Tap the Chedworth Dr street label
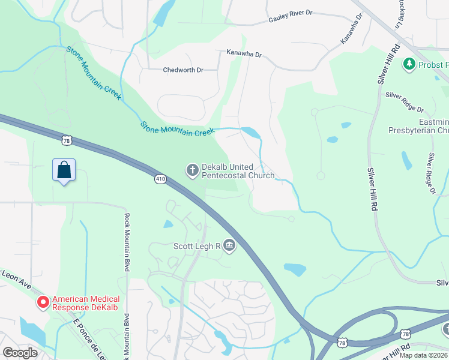(183, 70)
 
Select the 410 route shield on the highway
(160, 179)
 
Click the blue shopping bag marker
(64, 170)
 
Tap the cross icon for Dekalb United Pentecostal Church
(192, 171)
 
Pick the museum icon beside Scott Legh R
(229, 245)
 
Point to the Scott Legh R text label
(196, 246)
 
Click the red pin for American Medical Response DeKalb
(43, 303)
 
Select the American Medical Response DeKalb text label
(86, 304)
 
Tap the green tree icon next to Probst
(409, 64)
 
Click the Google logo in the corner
(20, 352)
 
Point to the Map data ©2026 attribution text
(423, 355)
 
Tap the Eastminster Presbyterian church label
(418, 125)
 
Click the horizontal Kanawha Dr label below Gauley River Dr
(244, 55)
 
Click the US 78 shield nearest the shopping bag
(66, 140)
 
